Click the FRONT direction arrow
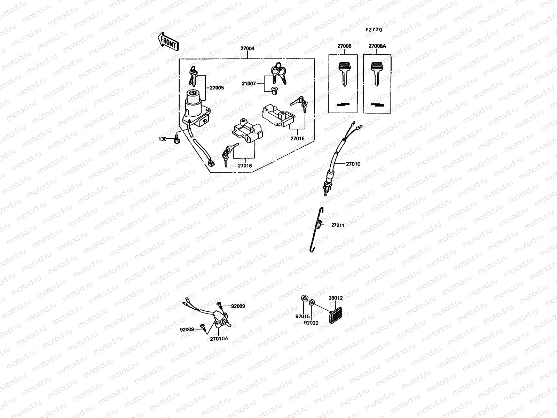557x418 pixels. coord(168,41)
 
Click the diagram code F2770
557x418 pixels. coord(374,30)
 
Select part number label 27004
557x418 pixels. coord(247,49)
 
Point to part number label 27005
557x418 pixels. coord(217,88)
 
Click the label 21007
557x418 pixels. coord(249,84)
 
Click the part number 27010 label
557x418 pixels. coord(353,164)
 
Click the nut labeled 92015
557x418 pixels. coord(303,299)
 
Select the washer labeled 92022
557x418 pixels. coord(311,302)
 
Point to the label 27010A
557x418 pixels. coord(219,338)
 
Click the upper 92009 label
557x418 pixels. coord(238,306)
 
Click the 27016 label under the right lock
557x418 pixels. coord(298,138)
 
